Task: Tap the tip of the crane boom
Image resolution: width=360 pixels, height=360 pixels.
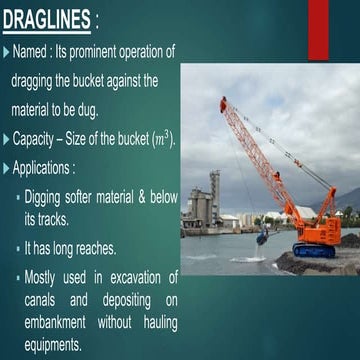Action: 223,100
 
